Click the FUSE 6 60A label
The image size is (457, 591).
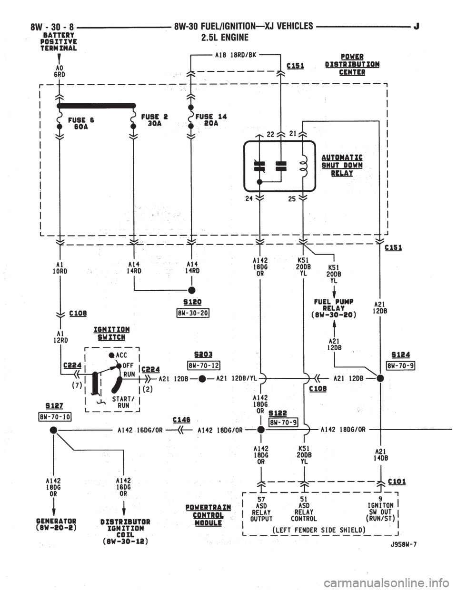(x=81, y=123)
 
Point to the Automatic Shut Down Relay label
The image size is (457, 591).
(x=342, y=165)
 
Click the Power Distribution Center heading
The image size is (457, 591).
(x=352, y=64)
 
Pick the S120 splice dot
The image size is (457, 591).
(x=192, y=290)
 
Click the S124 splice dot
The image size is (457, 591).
(x=380, y=378)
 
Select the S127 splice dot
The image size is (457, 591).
(x=54, y=430)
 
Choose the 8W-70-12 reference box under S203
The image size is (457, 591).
(x=204, y=365)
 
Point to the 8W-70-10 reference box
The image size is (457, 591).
(x=55, y=416)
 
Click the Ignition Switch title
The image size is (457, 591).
(x=111, y=334)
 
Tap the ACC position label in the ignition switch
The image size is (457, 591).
(x=121, y=355)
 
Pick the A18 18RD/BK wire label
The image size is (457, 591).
(x=236, y=55)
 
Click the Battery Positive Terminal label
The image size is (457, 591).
(x=58, y=42)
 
